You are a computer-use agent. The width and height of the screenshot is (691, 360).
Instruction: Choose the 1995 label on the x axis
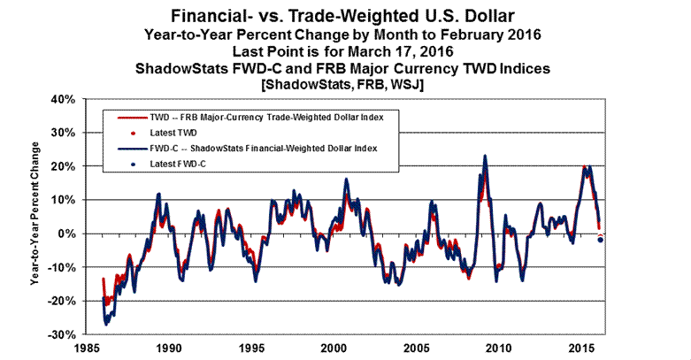252,349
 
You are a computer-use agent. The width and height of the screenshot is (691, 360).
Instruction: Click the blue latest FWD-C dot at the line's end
601,240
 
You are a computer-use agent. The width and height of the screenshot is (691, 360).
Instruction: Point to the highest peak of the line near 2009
485,157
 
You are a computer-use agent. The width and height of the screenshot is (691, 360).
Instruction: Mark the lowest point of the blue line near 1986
106,325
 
